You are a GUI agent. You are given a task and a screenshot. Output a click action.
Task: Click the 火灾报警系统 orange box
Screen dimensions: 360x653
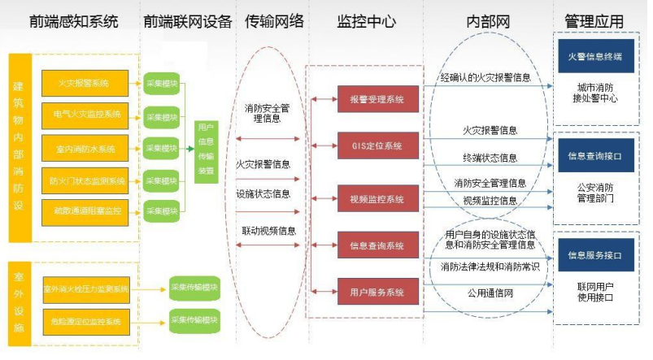85,82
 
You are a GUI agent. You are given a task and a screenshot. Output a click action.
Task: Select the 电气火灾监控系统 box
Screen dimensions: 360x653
85,115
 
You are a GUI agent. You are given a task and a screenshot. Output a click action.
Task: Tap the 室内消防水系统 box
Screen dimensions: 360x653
85,148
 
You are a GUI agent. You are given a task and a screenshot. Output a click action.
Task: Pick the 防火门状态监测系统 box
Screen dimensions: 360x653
85,180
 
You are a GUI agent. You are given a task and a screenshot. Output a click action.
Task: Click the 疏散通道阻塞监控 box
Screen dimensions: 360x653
85,211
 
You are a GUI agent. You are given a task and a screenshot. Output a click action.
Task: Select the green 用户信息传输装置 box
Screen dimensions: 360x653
207,148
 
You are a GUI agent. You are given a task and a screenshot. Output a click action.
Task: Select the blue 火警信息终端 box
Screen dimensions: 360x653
594,57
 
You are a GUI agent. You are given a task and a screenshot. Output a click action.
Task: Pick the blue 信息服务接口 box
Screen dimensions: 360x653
594,254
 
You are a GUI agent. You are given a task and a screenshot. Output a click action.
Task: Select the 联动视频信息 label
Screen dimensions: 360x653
268,230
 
